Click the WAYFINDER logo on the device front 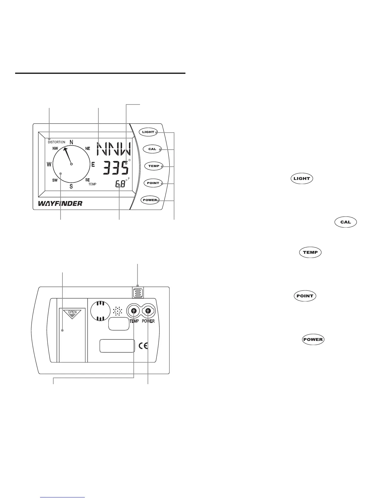click(60, 203)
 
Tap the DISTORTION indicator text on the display click(57, 142)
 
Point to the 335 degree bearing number click(116, 167)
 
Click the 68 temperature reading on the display click(120, 184)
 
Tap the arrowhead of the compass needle click(65, 149)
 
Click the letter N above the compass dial click(71, 142)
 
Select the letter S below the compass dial click(71, 186)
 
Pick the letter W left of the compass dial click(49, 164)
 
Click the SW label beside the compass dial click(55, 180)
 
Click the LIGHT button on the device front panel click(148, 132)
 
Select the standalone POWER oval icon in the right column click(313, 340)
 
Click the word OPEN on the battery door click(72, 312)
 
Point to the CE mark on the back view click(143, 346)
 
